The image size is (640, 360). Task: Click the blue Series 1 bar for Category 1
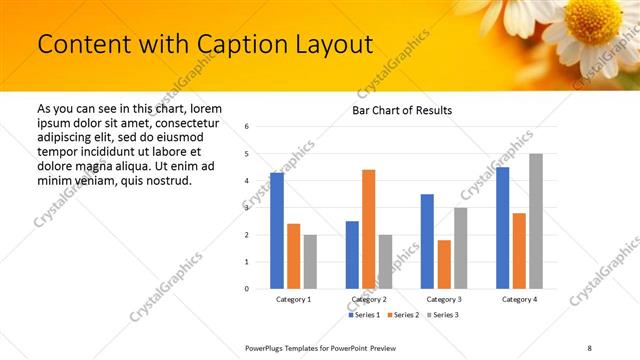(x=277, y=231)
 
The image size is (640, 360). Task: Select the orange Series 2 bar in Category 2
(x=368, y=229)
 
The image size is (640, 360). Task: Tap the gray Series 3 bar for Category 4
(x=536, y=221)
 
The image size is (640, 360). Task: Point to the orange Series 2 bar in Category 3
(x=444, y=264)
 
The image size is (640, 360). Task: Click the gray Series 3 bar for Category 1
(x=310, y=262)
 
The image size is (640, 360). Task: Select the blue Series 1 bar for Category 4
(x=502, y=228)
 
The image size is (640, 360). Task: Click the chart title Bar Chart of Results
(x=402, y=110)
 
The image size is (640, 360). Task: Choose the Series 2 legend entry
(x=402, y=315)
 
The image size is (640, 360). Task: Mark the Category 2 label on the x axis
(x=369, y=299)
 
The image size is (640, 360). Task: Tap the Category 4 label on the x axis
(x=519, y=299)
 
